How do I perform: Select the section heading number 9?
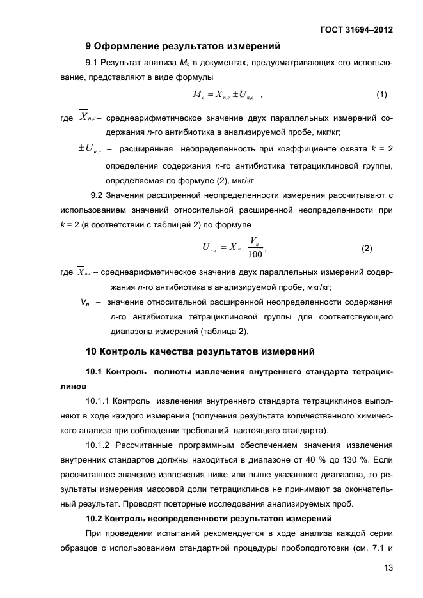click(89, 46)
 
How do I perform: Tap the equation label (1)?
click(381, 95)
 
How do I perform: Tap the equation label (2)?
click(367, 248)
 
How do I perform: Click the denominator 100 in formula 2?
click(255, 254)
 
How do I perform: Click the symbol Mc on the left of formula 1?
click(198, 95)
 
